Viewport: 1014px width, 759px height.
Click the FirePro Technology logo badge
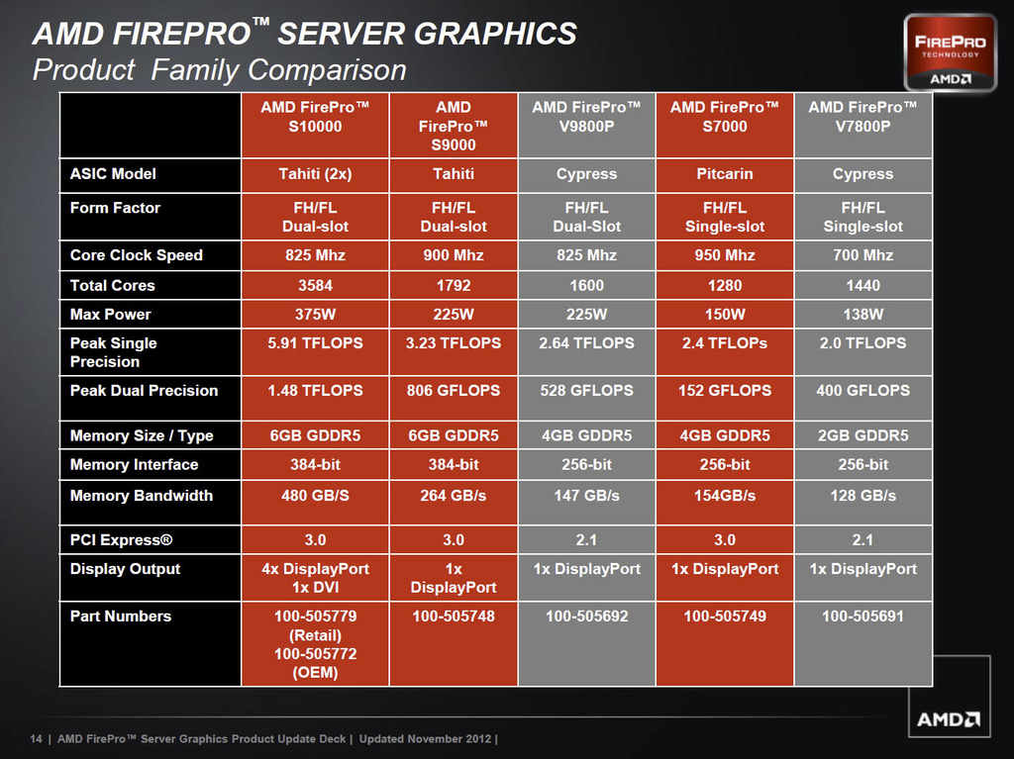pyautogui.click(x=949, y=51)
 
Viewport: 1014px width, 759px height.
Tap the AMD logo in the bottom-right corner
pyautogui.click(x=949, y=719)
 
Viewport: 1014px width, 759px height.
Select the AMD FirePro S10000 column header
pyautogui.click(x=315, y=117)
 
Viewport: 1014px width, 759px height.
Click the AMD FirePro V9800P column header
pyautogui.click(x=586, y=117)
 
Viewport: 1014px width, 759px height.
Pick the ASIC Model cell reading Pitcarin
pyautogui.click(x=725, y=174)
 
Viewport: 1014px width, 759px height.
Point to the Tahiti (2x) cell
pyautogui.click(x=315, y=174)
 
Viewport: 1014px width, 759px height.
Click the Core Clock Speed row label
pyautogui.click(x=137, y=255)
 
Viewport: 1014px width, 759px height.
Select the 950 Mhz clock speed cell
pyautogui.click(x=725, y=255)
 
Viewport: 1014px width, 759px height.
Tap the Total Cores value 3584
pyautogui.click(x=315, y=285)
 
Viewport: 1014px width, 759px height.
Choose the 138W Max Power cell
pyautogui.click(x=862, y=315)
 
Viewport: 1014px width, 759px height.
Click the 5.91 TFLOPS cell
pyautogui.click(x=315, y=343)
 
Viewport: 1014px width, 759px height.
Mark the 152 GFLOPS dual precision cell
pyautogui.click(x=725, y=391)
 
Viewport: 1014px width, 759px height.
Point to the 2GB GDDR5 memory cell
pyautogui.click(x=862, y=435)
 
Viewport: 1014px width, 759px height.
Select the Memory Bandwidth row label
pyautogui.click(x=142, y=496)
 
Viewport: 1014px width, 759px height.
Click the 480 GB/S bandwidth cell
pyautogui.click(x=315, y=496)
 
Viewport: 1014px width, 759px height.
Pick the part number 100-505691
pyautogui.click(x=862, y=617)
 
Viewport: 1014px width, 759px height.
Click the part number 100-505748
pyautogui.click(x=454, y=617)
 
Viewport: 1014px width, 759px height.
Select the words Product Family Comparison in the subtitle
pyautogui.click(x=220, y=70)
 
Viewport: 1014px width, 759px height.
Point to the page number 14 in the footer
pyautogui.click(x=37, y=739)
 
